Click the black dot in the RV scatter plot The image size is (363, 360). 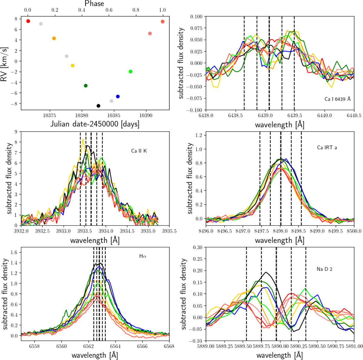coord(98,106)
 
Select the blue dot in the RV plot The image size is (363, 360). coord(118,96)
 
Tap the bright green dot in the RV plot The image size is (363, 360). coord(130,72)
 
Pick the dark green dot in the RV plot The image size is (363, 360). coord(86,86)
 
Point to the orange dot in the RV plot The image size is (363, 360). coord(54,38)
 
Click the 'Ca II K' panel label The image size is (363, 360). coord(139,151)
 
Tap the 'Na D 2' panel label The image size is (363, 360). coord(322,269)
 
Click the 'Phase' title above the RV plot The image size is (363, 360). coord(94,4)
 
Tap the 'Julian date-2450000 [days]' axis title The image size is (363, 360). coord(94,125)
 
